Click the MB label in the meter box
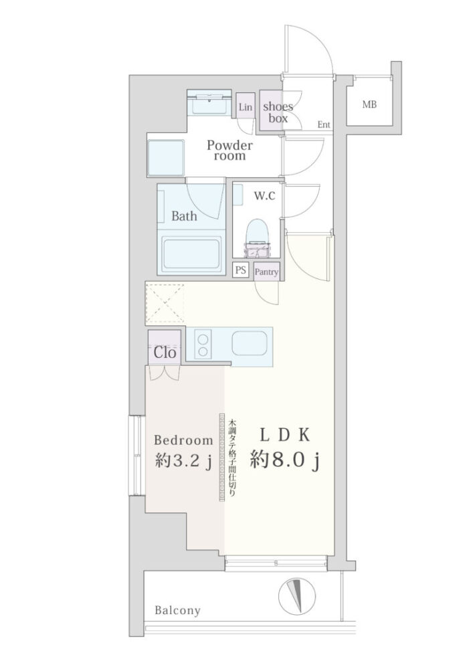(x=369, y=104)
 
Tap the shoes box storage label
(x=278, y=112)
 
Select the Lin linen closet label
(x=246, y=107)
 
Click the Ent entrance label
(x=324, y=124)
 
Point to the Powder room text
(x=229, y=150)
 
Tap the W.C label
(x=264, y=196)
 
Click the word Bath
(x=184, y=216)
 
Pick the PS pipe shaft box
(x=241, y=270)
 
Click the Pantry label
(x=266, y=272)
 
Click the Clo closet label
(x=165, y=353)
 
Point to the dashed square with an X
(x=165, y=304)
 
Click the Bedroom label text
(x=183, y=440)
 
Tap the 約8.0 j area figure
(x=284, y=461)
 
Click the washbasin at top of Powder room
(x=209, y=103)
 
